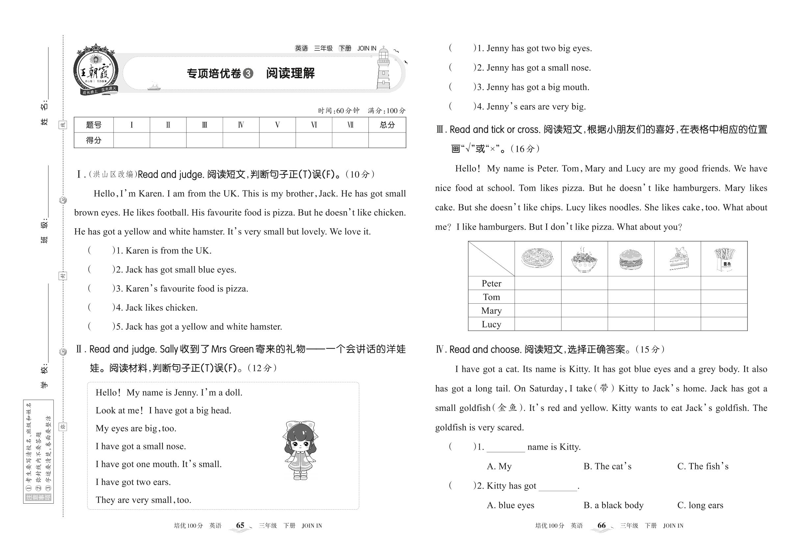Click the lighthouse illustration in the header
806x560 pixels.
[x=383, y=69]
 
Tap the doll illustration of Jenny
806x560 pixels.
[x=300, y=451]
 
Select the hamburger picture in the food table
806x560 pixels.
[x=630, y=260]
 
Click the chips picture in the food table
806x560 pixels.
[x=724, y=259]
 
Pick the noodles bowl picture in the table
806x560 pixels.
[x=584, y=260]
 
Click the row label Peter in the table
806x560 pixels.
[x=491, y=283]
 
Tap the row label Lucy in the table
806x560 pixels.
[x=491, y=324]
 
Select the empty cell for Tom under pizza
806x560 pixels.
[x=538, y=297]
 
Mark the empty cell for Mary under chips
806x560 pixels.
[x=724, y=311]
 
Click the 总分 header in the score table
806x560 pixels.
[x=387, y=125]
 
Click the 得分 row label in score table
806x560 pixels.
[x=93, y=140]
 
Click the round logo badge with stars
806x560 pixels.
[x=96, y=70]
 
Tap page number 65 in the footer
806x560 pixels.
[x=240, y=525]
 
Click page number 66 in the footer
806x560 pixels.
[x=601, y=525]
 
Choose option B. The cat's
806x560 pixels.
[x=607, y=466]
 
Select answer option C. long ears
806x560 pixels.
[x=700, y=505]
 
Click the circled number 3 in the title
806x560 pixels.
[x=248, y=73]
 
